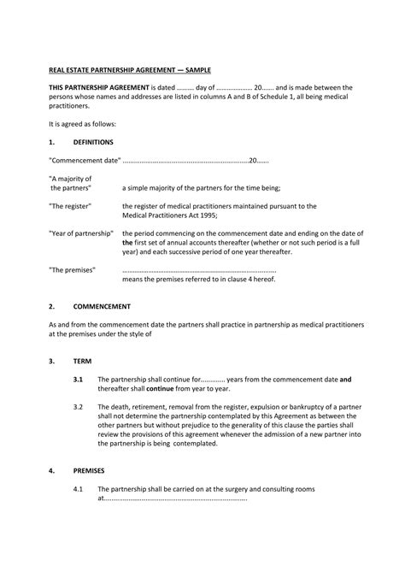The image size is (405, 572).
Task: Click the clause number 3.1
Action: (78, 379)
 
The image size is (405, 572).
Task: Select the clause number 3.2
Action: (78, 407)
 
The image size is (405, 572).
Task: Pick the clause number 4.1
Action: (78, 489)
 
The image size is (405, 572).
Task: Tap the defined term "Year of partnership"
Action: (81, 233)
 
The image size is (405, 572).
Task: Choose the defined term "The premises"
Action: (72, 270)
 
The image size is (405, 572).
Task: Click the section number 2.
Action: (52, 305)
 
